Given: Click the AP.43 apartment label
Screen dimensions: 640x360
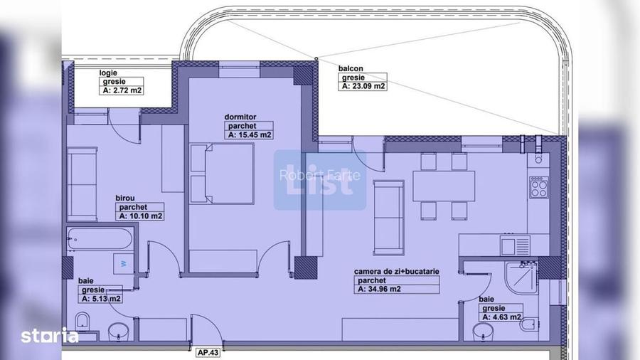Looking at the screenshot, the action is (x=208, y=352).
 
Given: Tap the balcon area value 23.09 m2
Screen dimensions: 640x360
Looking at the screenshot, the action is (x=363, y=86).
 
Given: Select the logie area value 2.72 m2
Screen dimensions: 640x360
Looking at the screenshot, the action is (x=122, y=90).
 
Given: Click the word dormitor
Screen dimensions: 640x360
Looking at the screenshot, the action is (x=240, y=117).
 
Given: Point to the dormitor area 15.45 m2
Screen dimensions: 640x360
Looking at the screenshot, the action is (x=249, y=134).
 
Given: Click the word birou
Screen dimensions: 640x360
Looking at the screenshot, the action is (x=125, y=198).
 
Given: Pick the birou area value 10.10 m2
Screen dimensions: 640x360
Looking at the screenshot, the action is (x=140, y=216).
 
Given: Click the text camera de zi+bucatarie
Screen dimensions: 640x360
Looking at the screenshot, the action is (x=396, y=272).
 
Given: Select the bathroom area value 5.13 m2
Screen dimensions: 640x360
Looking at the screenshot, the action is (x=101, y=298).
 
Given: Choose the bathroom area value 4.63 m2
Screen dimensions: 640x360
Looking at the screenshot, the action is (x=501, y=317).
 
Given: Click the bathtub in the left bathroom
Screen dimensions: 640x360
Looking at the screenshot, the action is (x=100, y=238).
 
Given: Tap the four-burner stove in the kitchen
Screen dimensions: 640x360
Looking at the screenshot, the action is (x=539, y=187).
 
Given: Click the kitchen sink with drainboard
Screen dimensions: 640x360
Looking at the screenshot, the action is (x=515, y=245).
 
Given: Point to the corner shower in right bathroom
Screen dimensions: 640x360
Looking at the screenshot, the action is (x=521, y=278).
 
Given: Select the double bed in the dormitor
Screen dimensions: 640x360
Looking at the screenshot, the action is (x=222, y=173).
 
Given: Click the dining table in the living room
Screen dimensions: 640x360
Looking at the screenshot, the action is (x=444, y=186).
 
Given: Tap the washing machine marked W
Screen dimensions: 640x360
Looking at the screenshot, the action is (x=123, y=264).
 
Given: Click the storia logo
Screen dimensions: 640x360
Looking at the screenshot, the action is (x=50, y=336).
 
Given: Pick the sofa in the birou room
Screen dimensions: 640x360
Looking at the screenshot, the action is (x=82, y=184).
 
